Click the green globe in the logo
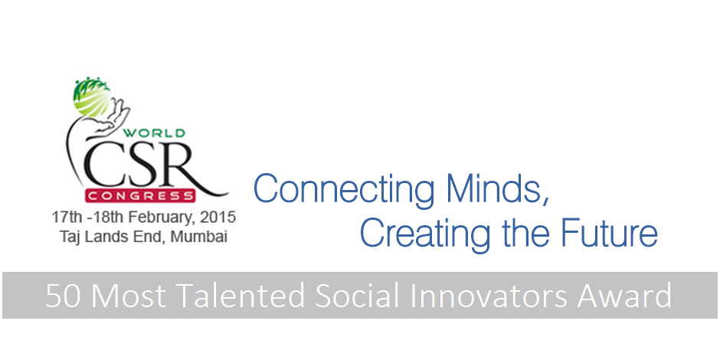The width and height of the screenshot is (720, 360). pyautogui.click(x=91, y=97)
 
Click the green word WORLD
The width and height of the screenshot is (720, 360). pyautogui.click(x=154, y=133)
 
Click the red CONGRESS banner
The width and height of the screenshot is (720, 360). pyautogui.click(x=140, y=196)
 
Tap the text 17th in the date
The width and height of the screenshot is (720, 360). pyautogui.click(x=64, y=217)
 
